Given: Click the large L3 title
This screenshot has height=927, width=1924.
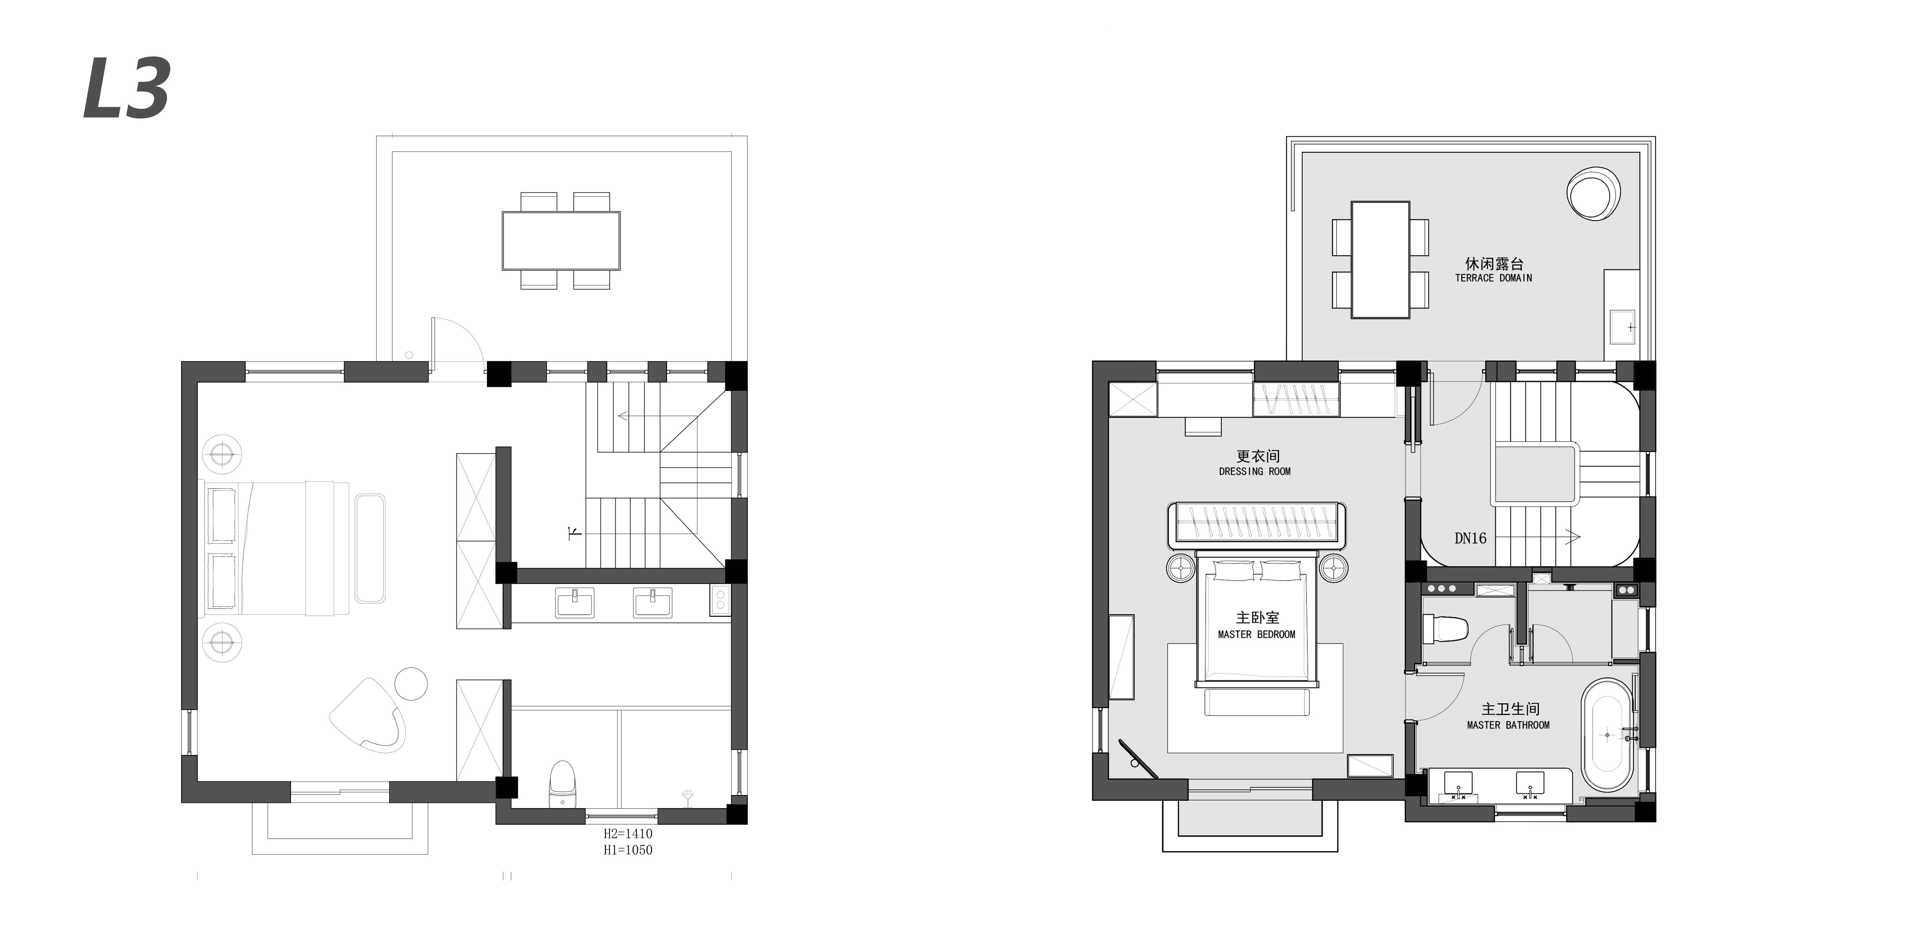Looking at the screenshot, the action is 127,88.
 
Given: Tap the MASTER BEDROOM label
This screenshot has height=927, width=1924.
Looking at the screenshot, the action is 1256,634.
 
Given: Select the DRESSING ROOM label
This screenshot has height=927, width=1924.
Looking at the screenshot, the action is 1255,471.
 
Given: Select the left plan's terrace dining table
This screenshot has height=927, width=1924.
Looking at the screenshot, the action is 561,240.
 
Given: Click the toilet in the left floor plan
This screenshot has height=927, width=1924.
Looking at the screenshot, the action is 562,784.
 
